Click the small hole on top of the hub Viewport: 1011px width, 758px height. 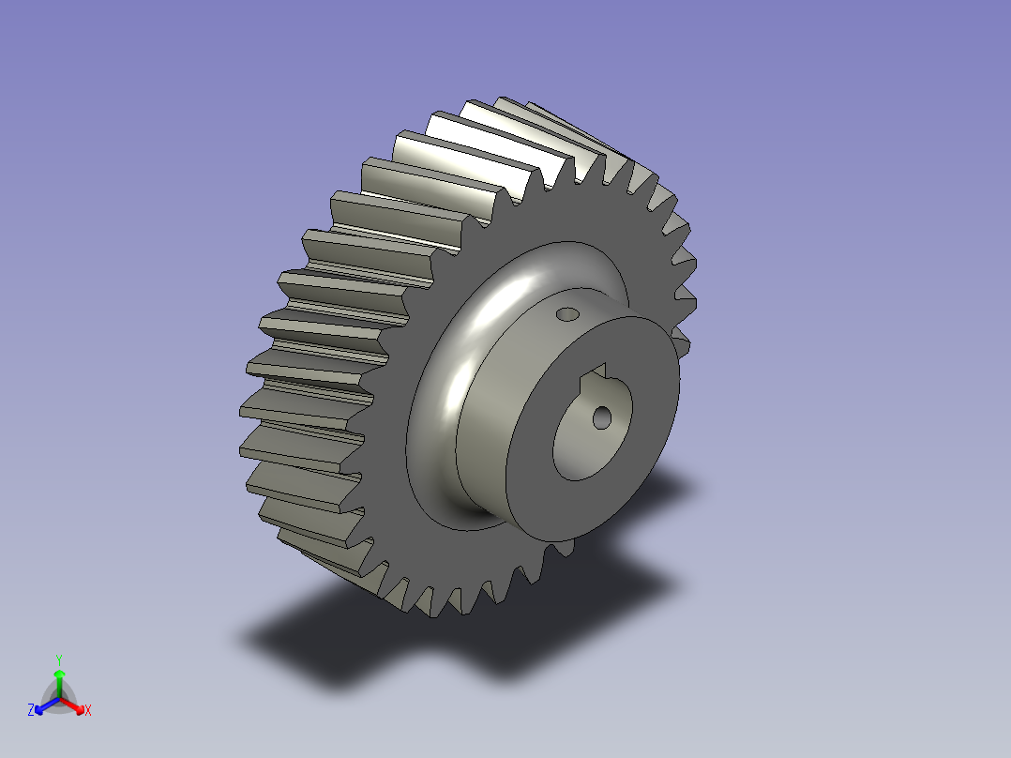click(x=566, y=312)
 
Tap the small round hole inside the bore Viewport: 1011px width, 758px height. click(x=601, y=417)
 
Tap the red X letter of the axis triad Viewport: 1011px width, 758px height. click(x=87, y=711)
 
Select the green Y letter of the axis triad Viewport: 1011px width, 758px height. click(x=58, y=659)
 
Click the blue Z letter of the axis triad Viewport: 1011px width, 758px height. click(x=31, y=711)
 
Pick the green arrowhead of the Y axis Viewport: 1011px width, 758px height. click(x=58, y=675)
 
